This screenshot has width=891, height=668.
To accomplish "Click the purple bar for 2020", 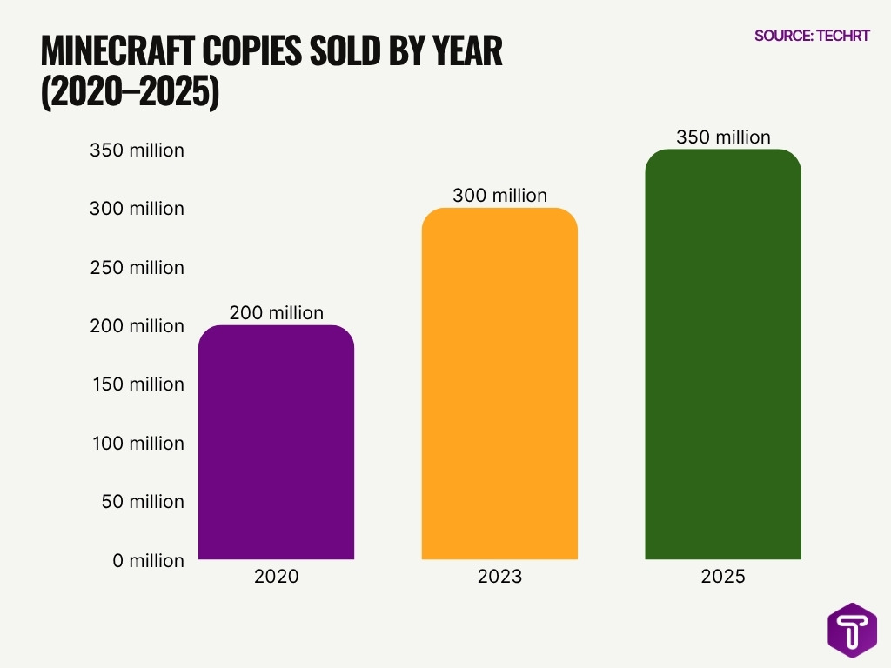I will pos(276,444).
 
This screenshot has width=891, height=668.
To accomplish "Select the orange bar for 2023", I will pos(499,384).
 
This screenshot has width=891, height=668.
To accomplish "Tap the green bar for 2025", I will pos(722,355).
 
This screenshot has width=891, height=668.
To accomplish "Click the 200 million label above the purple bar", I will pos(276,312).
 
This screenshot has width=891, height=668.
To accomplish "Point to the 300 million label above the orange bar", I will pos(499,196).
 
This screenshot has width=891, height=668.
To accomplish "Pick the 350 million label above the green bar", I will pos(723,137).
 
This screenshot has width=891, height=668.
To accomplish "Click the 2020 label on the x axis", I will pos(276,576).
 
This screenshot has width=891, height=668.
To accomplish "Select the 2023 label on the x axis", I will pos(499,576).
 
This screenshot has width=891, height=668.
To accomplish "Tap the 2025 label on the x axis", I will pos(723,576).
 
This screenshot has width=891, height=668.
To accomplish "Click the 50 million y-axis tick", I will pos(138,502).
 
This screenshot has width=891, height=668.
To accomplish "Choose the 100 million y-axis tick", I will pos(137,444).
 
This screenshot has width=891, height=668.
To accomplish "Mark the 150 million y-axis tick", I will pos(137,384).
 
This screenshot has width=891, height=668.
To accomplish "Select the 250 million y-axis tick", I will pos(137,267).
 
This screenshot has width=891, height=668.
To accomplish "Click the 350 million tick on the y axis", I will pos(137,150).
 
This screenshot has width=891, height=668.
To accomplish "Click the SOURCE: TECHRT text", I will pos(811,36).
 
